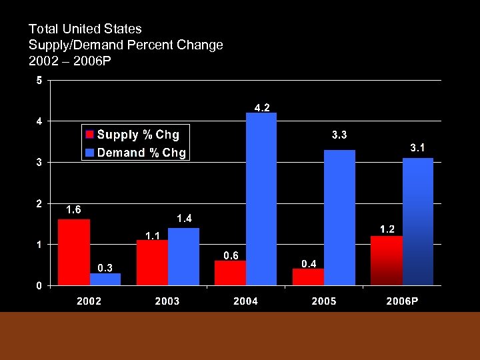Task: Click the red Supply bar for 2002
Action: [x=74, y=252]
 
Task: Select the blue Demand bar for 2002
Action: [x=105, y=279]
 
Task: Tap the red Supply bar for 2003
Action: [x=152, y=263]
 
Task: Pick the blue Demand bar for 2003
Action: [x=183, y=257]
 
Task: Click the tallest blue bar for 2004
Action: [x=261, y=199]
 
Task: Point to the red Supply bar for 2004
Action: [x=230, y=273]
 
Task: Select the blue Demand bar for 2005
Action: [x=339, y=217]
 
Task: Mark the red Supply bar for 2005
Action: [x=308, y=277]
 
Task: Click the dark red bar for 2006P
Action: [x=387, y=261]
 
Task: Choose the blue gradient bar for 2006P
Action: [x=418, y=221]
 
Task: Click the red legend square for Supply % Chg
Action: [x=90, y=135]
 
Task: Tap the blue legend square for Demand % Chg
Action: [x=90, y=153]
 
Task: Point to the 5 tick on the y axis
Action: [x=39, y=81]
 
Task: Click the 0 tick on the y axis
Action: [x=39, y=285]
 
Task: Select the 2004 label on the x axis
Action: [x=245, y=301]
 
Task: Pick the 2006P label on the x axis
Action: [x=402, y=301]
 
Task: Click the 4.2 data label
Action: [x=262, y=107]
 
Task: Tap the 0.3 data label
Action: [x=105, y=268]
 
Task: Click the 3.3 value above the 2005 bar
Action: [x=339, y=135]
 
